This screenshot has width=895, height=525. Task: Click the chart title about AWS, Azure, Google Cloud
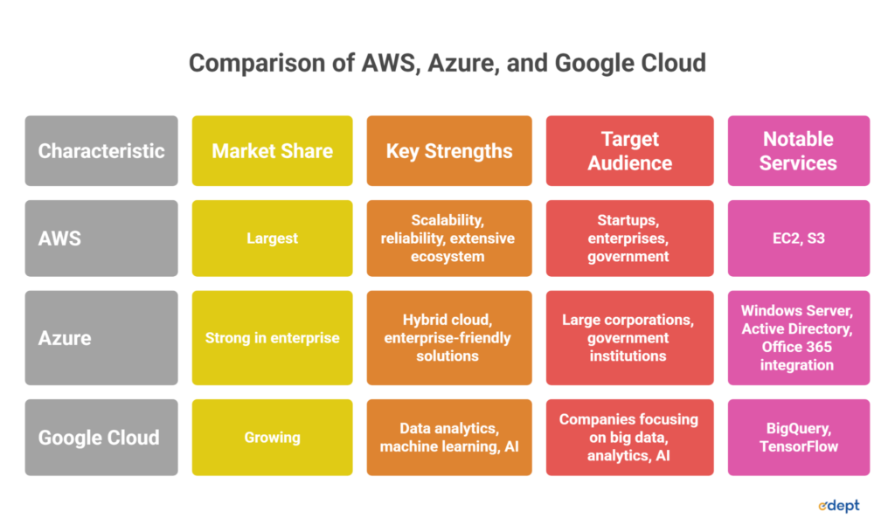coord(447,64)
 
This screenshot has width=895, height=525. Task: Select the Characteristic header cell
coord(101,151)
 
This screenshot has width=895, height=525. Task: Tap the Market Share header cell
coord(273,151)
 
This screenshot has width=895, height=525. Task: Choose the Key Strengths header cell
coord(449,151)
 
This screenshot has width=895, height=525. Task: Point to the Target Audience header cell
coord(629,151)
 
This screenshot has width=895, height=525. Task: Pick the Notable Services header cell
coord(798,151)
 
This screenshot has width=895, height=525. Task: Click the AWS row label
coord(101,238)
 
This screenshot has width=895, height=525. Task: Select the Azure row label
coord(101,338)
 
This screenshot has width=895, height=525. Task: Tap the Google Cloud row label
coord(101,438)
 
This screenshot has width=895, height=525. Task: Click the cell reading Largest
coord(273,238)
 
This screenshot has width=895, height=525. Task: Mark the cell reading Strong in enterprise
coord(273,338)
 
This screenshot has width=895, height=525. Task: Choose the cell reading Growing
coord(273,438)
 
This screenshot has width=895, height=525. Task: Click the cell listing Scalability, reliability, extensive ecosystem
coord(449,238)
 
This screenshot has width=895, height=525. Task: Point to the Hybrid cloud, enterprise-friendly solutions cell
coord(449,338)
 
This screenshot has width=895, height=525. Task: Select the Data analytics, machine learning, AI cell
coord(449,438)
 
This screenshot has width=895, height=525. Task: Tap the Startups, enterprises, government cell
coord(629,238)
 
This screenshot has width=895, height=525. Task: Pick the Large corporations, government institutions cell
coord(629,338)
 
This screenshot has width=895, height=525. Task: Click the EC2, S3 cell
coord(798,238)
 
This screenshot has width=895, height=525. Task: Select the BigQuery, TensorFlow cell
coord(798,438)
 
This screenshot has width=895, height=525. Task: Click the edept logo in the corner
coord(838,505)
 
